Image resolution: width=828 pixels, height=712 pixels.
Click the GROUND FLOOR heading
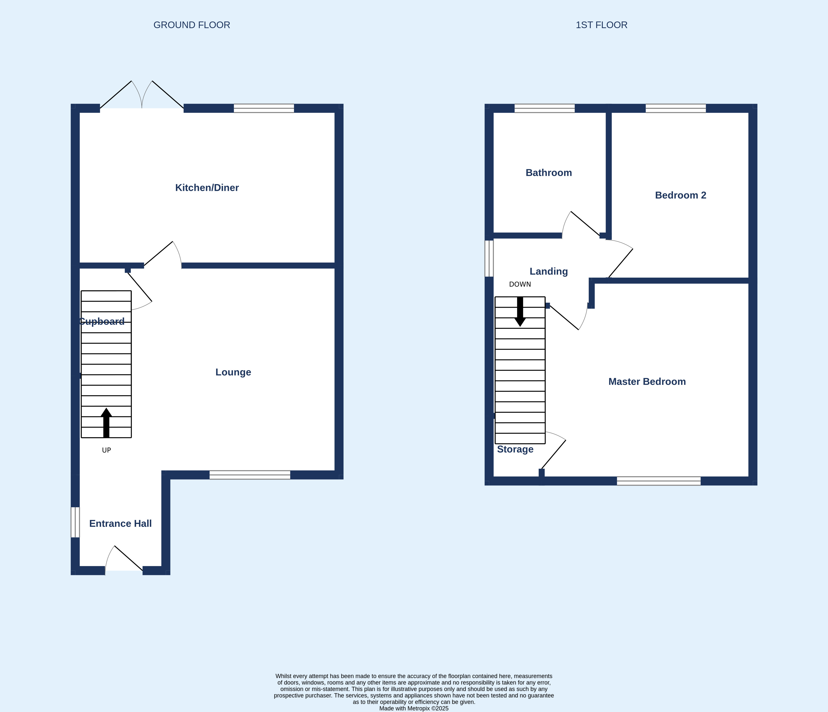click(x=192, y=25)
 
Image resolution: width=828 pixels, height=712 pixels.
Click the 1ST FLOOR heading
click(x=601, y=25)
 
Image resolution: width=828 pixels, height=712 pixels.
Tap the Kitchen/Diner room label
click(x=207, y=188)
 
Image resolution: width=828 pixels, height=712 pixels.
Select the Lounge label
click(x=233, y=372)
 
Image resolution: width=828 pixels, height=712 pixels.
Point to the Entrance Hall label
click(x=120, y=523)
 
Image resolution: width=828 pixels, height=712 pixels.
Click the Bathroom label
click(x=549, y=173)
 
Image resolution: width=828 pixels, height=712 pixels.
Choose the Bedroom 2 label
click(x=680, y=195)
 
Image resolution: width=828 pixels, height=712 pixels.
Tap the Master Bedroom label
click(x=647, y=381)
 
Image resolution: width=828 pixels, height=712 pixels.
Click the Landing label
click(x=549, y=271)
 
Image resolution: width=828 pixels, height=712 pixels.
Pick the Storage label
click(x=515, y=449)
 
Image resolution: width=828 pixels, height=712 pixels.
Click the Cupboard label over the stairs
click(x=102, y=322)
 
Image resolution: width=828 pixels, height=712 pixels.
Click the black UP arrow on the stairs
click(x=106, y=423)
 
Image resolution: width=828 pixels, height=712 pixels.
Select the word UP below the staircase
click(x=106, y=450)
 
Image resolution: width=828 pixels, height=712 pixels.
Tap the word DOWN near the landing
click(x=520, y=284)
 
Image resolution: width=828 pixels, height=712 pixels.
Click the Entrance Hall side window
click(x=75, y=522)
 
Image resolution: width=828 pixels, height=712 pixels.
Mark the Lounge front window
click(x=250, y=475)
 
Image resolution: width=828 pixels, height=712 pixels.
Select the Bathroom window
click(x=544, y=108)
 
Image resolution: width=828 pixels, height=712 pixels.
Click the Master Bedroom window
click(x=658, y=481)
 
